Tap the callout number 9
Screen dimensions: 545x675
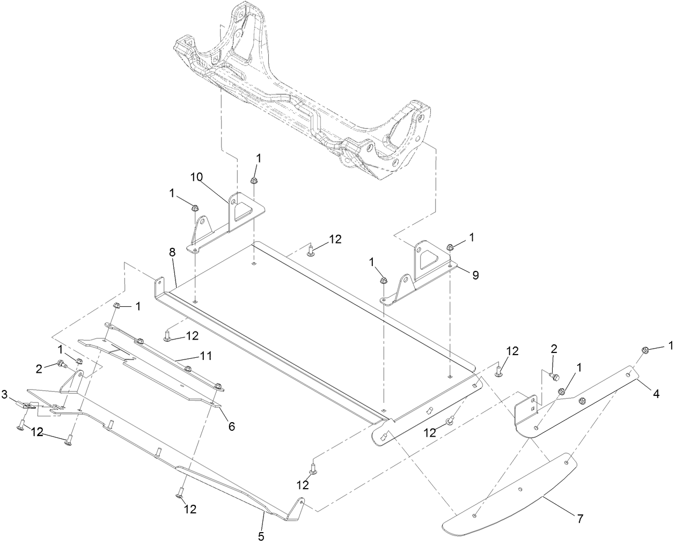tap(476, 275)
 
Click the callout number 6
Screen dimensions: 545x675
tap(231, 426)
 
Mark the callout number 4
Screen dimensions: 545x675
tap(656, 393)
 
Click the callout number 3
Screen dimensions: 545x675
tap(5, 395)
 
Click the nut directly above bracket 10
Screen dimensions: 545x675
tap(256, 180)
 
